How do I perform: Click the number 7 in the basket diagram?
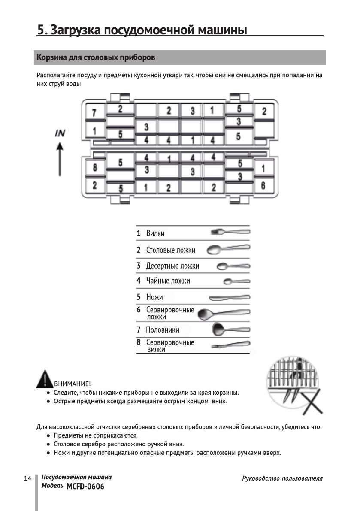(x=94, y=113)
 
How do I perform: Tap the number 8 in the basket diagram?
(x=94, y=167)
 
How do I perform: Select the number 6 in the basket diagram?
(x=263, y=185)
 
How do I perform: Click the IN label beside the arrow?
(x=60, y=133)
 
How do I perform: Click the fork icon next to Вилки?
(x=230, y=232)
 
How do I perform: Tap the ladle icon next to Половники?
(x=231, y=330)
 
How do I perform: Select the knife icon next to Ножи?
(x=229, y=297)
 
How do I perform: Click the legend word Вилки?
(x=155, y=233)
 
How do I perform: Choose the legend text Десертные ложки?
(x=172, y=266)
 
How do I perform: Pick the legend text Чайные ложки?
(x=168, y=281)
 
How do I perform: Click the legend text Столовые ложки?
(x=170, y=250)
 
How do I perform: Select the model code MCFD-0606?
(x=85, y=487)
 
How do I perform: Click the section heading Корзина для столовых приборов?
(x=96, y=57)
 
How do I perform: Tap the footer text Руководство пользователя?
(x=282, y=478)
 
